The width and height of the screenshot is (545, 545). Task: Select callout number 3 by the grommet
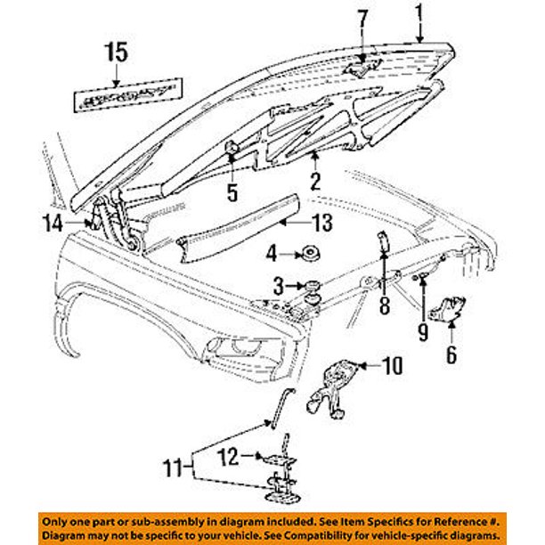(x=280, y=286)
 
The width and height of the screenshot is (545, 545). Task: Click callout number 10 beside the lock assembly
(x=393, y=365)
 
